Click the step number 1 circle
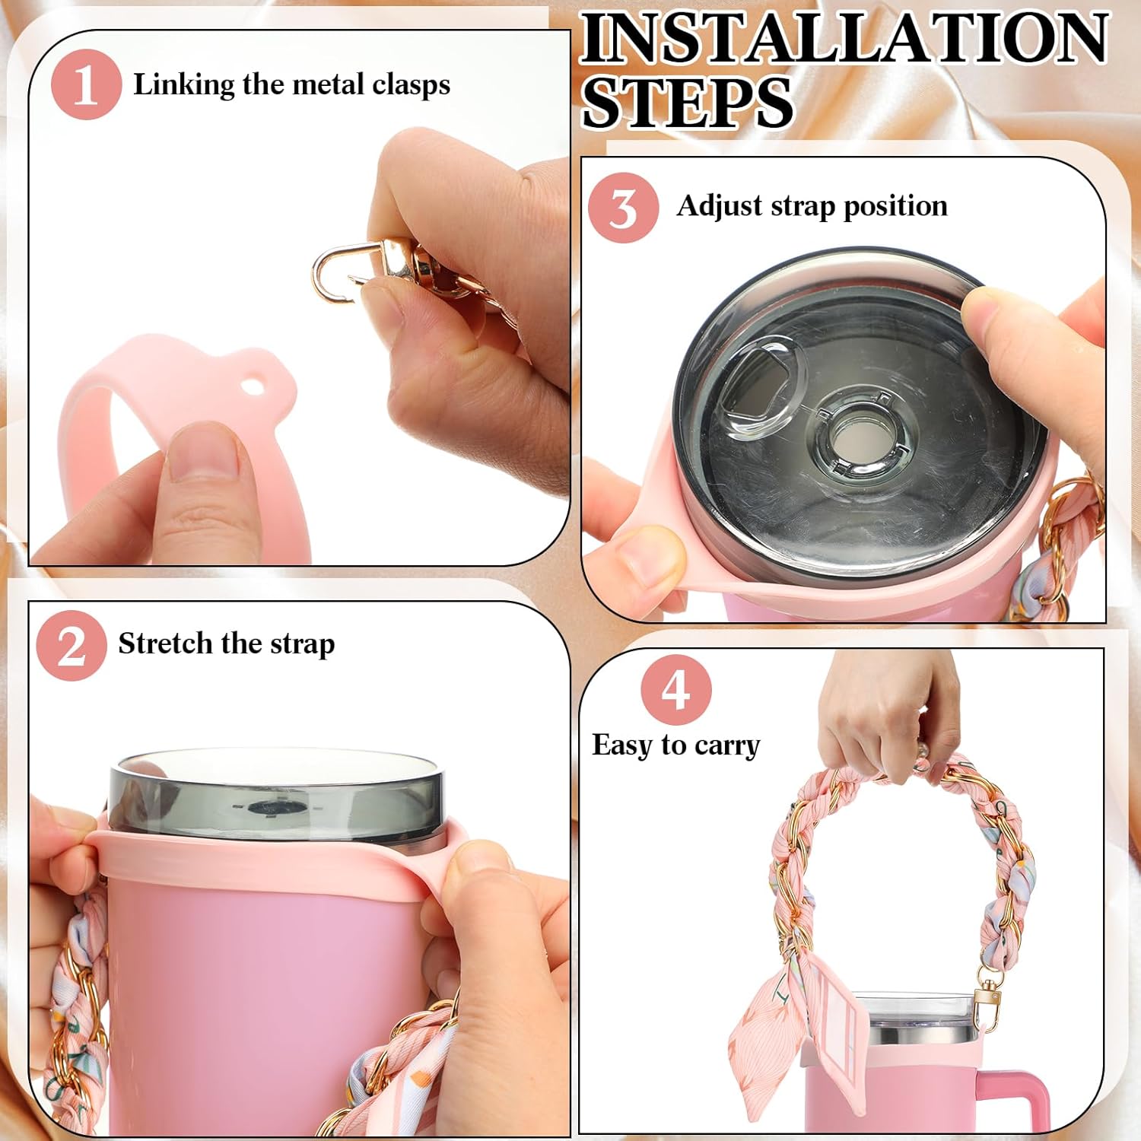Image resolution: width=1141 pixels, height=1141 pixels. click(x=86, y=84)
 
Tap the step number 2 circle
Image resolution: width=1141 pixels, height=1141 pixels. click(x=71, y=645)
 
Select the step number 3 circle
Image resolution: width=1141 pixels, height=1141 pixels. click(x=623, y=208)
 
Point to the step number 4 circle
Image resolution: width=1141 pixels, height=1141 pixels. click(x=675, y=690)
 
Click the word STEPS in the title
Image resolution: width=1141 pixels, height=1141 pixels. click(x=687, y=103)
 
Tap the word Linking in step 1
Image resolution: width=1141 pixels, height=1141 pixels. click(x=183, y=84)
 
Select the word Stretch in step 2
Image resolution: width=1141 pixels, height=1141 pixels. click(x=164, y=644)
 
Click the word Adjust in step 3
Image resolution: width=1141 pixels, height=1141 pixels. click(x=719, y=206)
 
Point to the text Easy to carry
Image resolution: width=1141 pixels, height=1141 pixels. click(x=675, y=745)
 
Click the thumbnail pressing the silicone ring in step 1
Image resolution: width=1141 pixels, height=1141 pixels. click(x=201, y=453)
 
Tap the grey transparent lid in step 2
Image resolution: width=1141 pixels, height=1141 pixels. click(x=278, y=795)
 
